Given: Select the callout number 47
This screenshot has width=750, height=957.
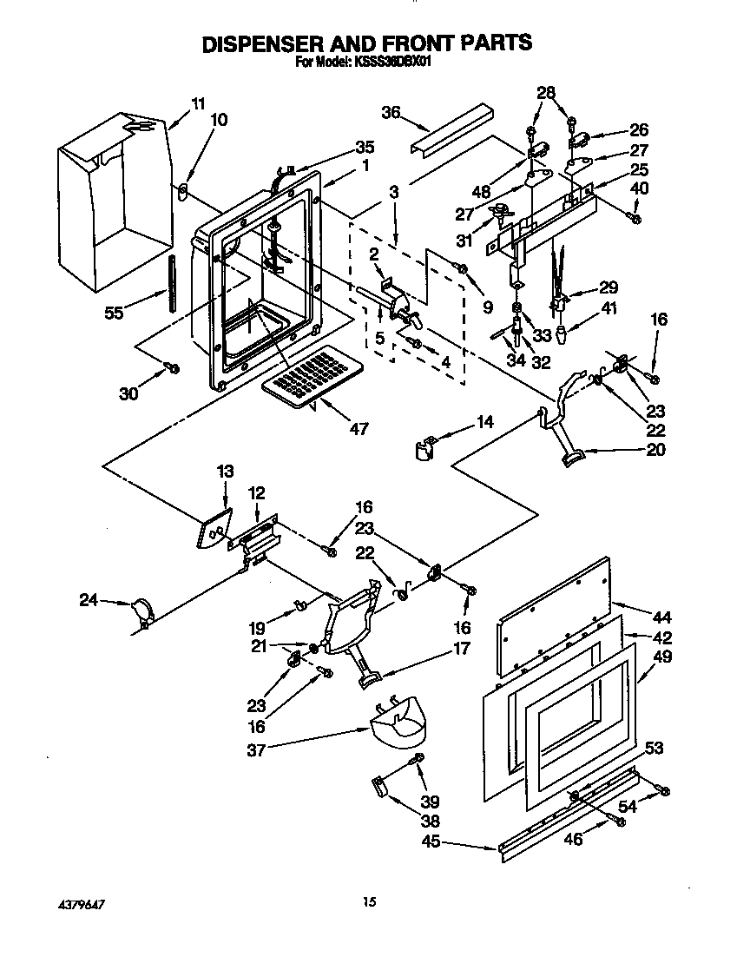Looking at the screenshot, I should (x=357, y=428).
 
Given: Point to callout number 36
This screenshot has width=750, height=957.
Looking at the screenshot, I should (x=391, y=112).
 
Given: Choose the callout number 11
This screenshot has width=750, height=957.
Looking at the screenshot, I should (x=198, y=103).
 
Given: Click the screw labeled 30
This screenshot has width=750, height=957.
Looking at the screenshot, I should (x=173, y=368).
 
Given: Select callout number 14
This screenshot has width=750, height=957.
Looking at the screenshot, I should (x=484, y=422).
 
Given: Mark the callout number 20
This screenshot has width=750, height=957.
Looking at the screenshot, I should (x=656, y=449).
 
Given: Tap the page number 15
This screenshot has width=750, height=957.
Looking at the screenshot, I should (x=370, y=903).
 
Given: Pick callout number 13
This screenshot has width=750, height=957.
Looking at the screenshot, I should (x=225, y=472).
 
